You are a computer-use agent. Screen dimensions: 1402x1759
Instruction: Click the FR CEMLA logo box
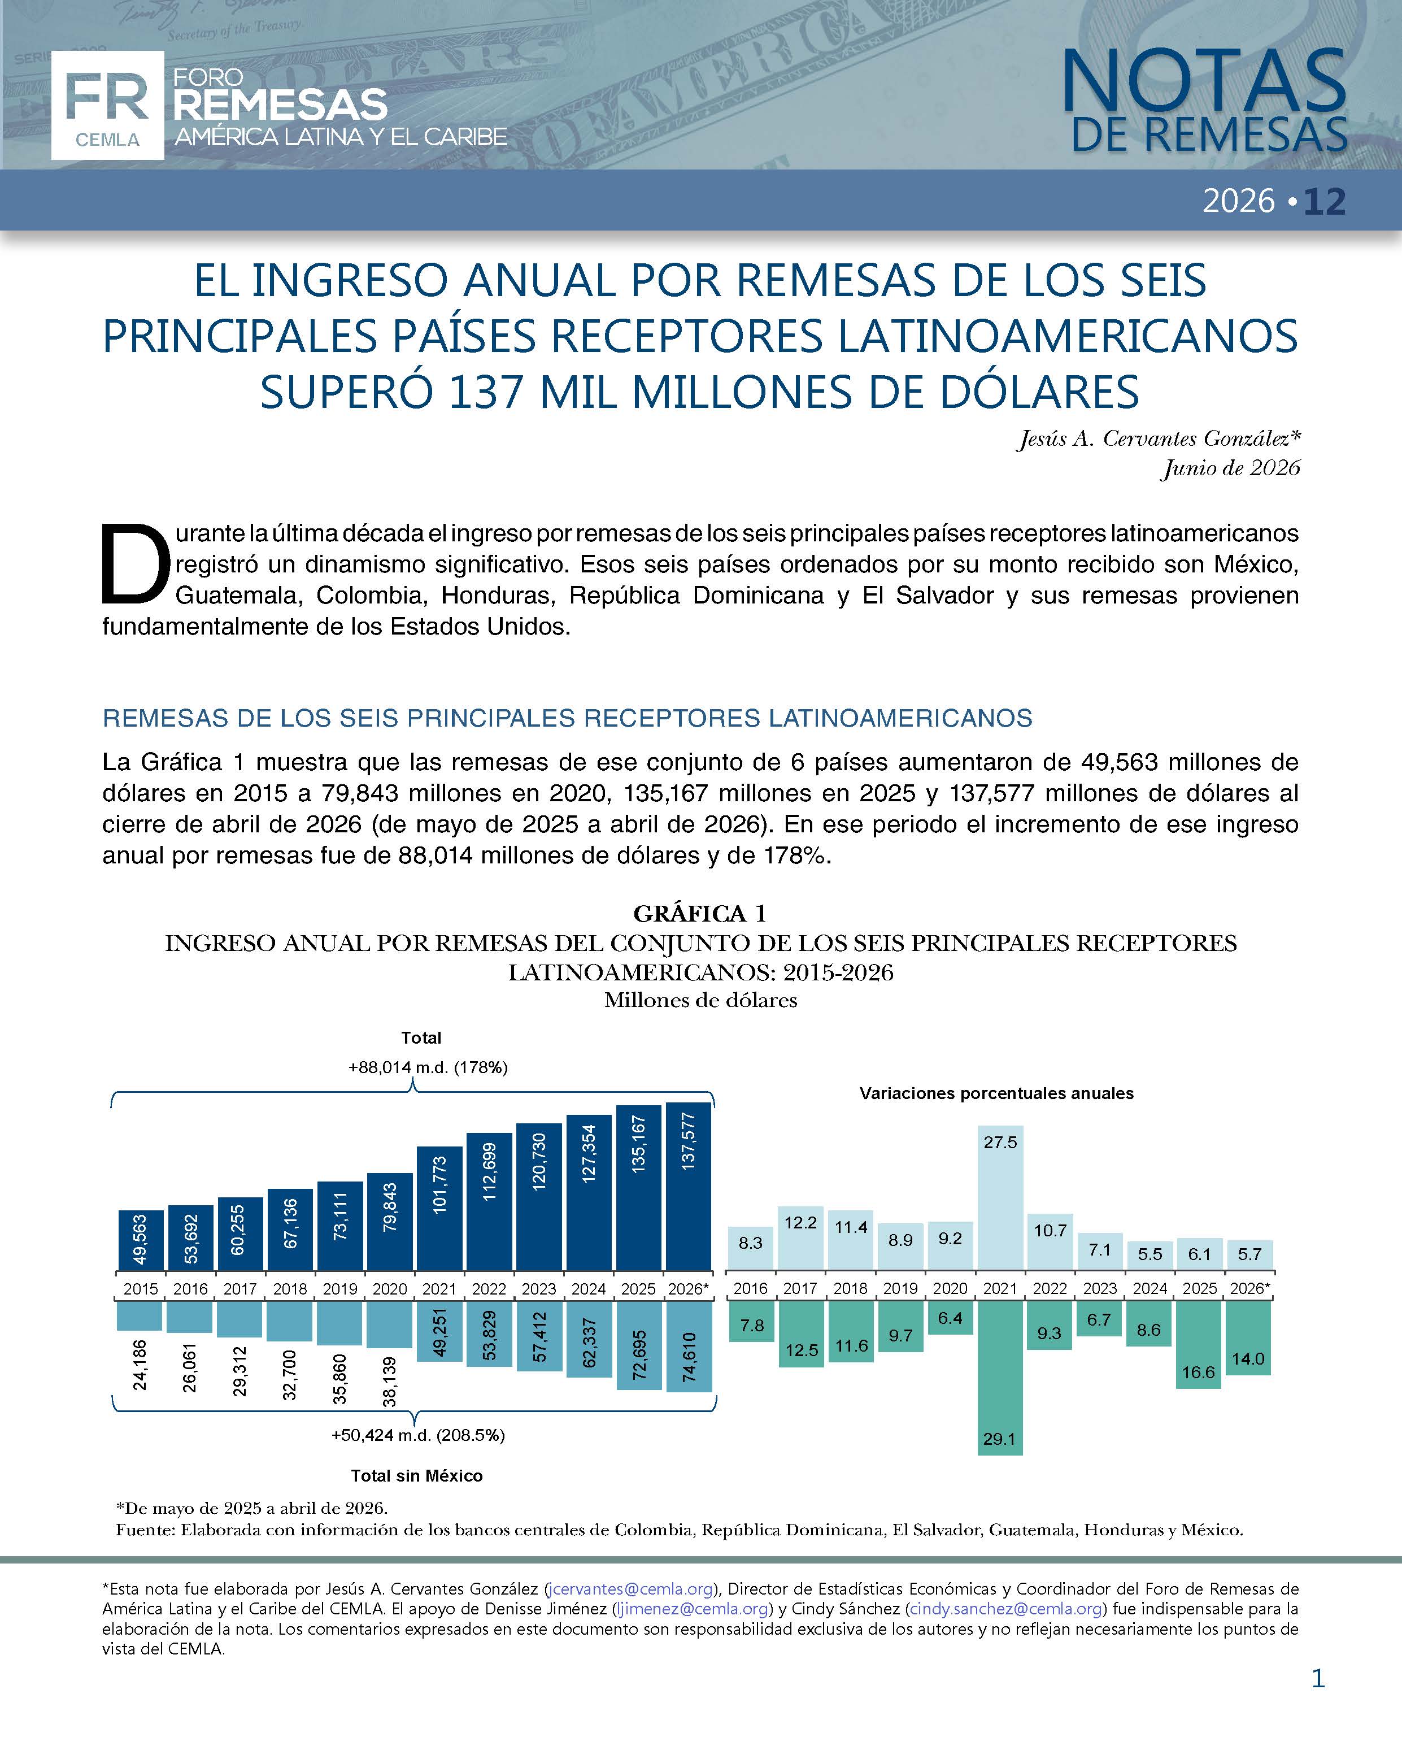107,105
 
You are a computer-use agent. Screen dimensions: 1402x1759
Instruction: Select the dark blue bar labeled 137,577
689,1186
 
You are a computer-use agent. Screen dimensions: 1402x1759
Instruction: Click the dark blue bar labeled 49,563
140,1240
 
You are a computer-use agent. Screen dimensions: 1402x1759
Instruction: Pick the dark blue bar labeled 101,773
439,1208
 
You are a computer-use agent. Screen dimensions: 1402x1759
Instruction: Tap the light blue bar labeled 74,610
689,1346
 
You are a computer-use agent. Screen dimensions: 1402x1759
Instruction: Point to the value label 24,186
140,1364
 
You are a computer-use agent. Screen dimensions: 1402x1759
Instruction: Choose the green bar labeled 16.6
1199,1345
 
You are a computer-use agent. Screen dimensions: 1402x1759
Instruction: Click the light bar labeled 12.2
801,1237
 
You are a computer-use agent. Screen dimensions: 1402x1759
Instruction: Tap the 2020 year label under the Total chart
390,1289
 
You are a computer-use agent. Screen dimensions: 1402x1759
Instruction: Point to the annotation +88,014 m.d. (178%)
428,1067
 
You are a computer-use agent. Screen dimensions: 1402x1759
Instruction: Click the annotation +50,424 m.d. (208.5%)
417,1435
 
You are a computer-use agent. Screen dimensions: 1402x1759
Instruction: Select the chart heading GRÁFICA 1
700,913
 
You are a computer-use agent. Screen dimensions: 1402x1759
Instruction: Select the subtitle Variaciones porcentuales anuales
996,1093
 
